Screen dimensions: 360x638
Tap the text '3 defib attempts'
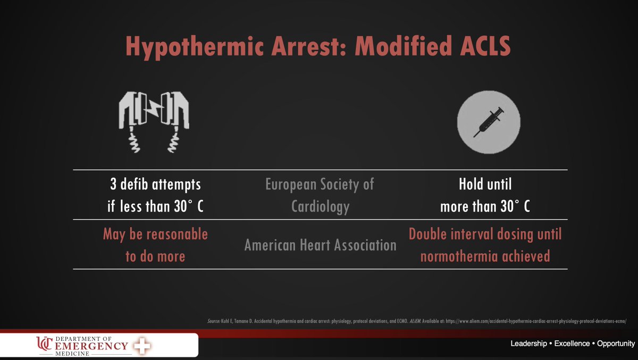[x=154, y=185]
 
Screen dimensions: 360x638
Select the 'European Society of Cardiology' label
[x=320, y=195]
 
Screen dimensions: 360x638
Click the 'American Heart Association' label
[x=320, y=245]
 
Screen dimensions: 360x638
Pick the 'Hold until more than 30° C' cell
[x=485, y=195]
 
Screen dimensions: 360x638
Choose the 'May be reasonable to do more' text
[x=155, y=245]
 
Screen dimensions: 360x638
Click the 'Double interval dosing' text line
[x=485, y=234]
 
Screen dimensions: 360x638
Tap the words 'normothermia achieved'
[x=485, y=256]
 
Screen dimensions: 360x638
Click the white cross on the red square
[x=141, y=346]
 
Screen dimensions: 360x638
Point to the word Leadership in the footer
[x=528, y=344]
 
